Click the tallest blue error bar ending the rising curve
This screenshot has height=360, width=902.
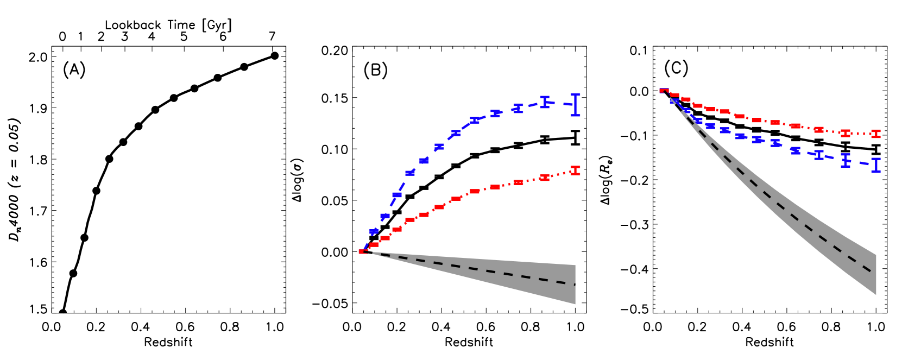pos(575,104)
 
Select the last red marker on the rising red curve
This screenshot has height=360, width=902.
pos(575,170)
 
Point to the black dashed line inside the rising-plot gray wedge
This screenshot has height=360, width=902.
pos(489,271)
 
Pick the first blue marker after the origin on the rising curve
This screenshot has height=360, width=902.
pos(374,232)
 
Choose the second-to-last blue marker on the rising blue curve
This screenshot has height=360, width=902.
pos(544,102)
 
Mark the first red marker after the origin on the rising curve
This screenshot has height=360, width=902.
pos(374,245)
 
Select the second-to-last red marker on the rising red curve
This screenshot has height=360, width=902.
pos(544,178)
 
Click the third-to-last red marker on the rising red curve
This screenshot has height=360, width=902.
pos(518,182)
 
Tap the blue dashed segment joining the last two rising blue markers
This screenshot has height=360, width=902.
pos(560,103)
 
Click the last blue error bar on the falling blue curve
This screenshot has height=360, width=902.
pos(875,165)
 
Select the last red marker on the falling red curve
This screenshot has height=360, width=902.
pos(875,134)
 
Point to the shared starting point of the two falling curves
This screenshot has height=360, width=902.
pos(664,91)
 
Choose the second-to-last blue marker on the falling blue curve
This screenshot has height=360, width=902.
pos(845,161)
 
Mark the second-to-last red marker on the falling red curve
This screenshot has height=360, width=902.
pos(845,133)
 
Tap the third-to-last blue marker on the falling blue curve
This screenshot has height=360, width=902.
pos(819,155)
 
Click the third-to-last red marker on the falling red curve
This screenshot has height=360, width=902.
pos(819,130)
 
